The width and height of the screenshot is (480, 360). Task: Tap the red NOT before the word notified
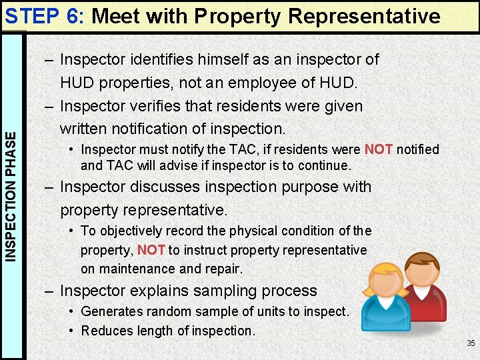click(x=378, y=149)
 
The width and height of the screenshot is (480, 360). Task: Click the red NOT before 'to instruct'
click(x=151, y=250)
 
